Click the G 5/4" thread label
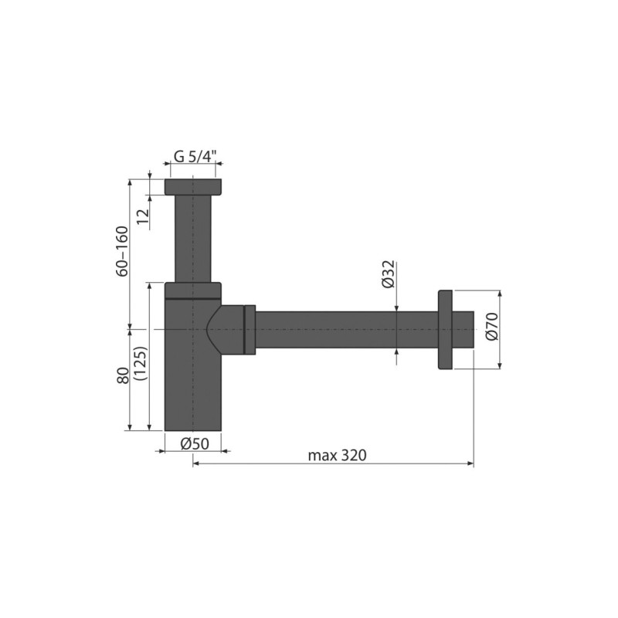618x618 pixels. (x=195, y=157)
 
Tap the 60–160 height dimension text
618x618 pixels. (x=123, y=251)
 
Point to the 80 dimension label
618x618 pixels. (x=123, y=376)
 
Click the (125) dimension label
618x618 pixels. (x=141, y=363)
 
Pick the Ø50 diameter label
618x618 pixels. (x=195, y=443)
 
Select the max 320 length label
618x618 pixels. (x=337, y=455)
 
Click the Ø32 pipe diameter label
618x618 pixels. (x=389, y=274)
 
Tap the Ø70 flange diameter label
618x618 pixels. (x=492, y=326)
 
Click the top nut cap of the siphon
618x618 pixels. (x=192, y=187)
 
